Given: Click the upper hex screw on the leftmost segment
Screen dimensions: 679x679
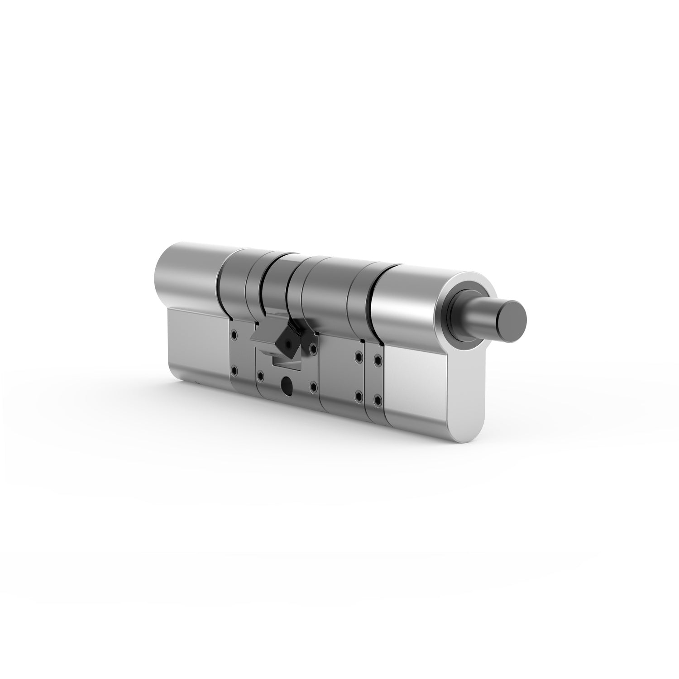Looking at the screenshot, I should pos(234,335).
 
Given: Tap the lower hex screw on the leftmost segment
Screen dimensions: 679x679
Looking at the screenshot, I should pos(234,370).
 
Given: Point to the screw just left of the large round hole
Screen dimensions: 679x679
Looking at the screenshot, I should pos(260,374).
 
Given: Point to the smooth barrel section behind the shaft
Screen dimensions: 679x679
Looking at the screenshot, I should pos(407,294).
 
